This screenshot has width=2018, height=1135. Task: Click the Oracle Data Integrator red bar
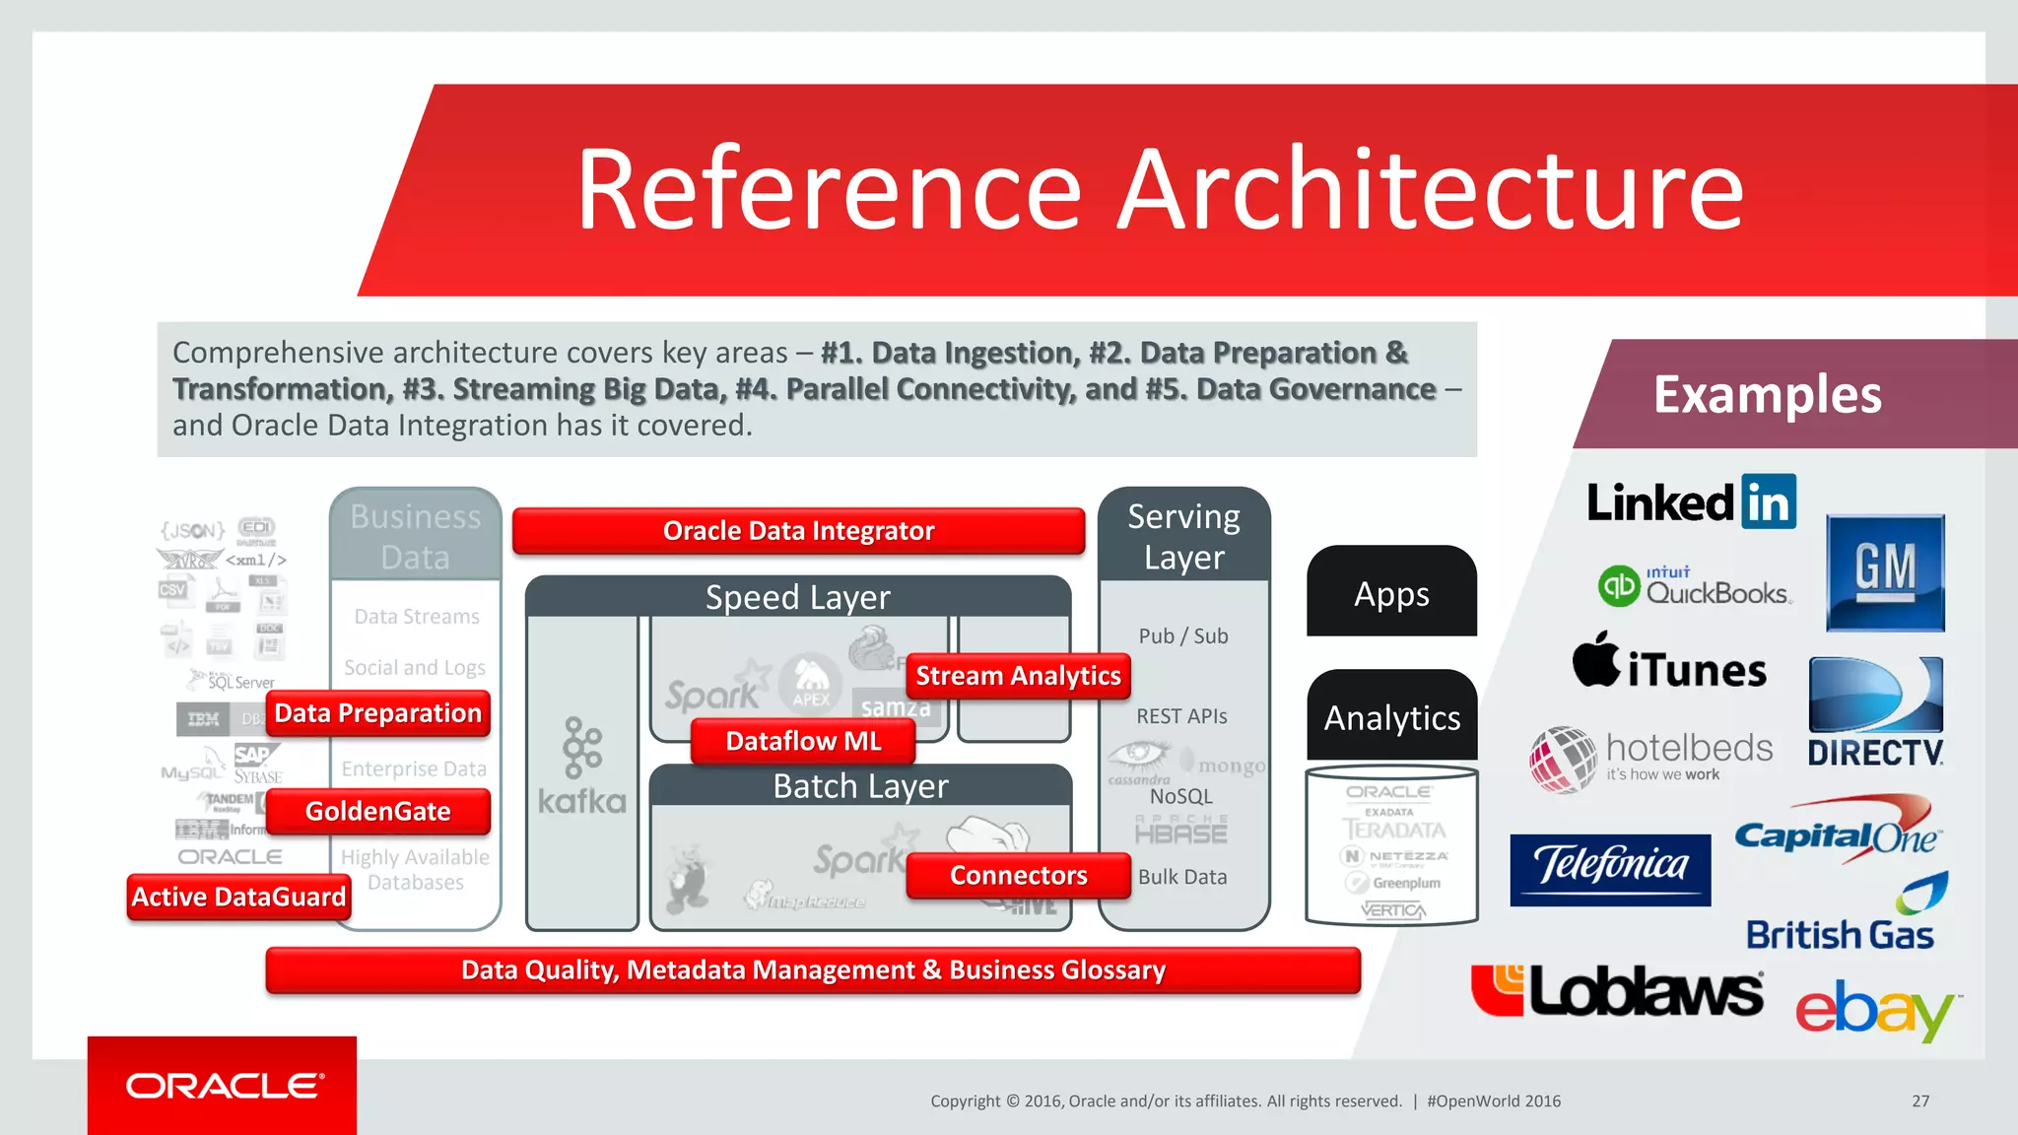798,531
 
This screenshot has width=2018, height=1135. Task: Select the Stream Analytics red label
1018,676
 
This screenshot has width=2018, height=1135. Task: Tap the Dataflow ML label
803,741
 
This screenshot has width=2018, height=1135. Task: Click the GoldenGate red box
378,811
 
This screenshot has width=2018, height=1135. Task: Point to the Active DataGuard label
238,897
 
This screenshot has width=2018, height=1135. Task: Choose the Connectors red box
1018,875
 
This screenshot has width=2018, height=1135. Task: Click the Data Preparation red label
378,712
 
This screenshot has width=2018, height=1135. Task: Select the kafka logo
582,768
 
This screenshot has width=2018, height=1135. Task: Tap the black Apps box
1391,593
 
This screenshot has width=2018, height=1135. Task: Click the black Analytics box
1391,717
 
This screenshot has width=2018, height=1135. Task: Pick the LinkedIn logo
1691,502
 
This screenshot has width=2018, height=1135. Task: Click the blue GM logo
1885,572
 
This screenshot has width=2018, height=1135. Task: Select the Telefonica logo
1610,868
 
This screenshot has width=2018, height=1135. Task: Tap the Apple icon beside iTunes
1596,660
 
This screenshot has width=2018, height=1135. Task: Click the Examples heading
1767,394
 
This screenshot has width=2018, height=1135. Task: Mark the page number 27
1920,1101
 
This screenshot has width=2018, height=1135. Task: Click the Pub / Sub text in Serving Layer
1183,636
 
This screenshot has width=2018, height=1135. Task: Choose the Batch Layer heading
860,786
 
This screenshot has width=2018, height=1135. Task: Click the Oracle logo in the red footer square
224,1086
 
